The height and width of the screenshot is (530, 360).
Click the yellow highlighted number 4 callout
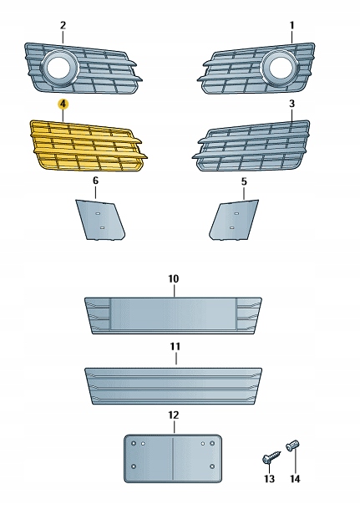pos(63,104)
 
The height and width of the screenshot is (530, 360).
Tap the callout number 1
pos(292,25)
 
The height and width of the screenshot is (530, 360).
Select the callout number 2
pos(63,25)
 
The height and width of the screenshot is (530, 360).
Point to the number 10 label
pos(173,279)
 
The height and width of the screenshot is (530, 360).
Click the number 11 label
pos(175,346)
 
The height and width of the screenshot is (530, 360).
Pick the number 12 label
pos(173,415)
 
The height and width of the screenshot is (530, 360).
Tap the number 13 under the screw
pos(269,479)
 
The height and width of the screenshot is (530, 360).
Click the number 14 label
pos(295,479)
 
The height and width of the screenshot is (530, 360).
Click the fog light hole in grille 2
pos(58,67)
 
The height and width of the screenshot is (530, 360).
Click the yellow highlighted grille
pos(89,146)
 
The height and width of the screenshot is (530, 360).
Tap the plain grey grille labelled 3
pos(251,146)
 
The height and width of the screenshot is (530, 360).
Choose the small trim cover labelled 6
pos(100,220)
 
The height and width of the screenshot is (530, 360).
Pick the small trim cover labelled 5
pos(235,220)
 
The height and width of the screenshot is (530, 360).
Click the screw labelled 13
pos(271,456)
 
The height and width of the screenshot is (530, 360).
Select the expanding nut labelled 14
pos(292,446)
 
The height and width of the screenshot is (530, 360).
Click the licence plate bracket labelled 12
pos(173,458)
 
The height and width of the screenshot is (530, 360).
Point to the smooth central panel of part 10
pos(173,314)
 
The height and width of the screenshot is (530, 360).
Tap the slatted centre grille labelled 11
pos(173,386)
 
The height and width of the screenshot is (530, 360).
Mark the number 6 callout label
pos(95,181)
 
